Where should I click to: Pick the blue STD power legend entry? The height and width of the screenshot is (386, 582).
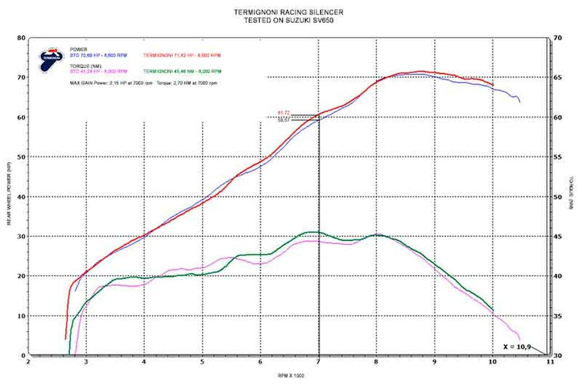pos(97,55)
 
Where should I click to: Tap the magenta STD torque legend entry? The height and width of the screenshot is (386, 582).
pos(97,72)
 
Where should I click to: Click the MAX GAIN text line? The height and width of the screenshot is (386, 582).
pos(143,83)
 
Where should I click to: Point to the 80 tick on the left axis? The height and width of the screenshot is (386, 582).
pos(22,38)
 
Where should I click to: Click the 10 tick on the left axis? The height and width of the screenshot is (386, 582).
pos(22,315)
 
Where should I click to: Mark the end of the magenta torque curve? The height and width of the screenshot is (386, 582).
pos(519,339)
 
